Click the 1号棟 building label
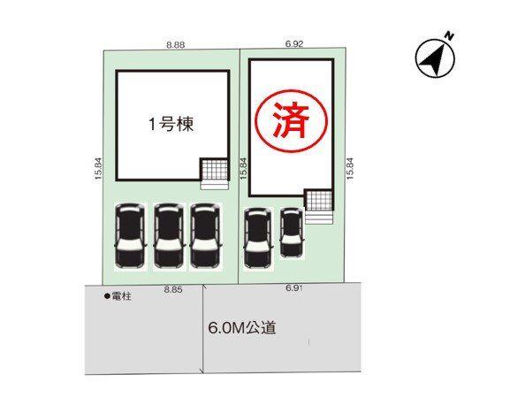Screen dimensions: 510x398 pos(171,125)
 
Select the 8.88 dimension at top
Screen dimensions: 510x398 pos(176,45)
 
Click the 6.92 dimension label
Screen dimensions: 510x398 pos(294,43)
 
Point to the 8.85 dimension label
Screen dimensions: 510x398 pos(173,289)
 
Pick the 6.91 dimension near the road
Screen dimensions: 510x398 pos(294,288)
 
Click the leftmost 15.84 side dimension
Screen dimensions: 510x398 pos(98,169)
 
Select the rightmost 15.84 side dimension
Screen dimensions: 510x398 pos(350,169)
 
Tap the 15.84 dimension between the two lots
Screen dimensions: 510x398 pos(244,169)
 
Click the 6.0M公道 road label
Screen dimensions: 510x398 pos(242,328)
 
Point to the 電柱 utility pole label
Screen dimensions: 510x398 pos(122,296)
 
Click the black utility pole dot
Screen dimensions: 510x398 pos(107,296)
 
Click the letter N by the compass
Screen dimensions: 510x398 pos(450,35)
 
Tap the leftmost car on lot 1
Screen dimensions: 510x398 pos(130,236)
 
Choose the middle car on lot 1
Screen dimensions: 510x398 pos(169,236)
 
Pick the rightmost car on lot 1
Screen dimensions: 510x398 pos(206,236)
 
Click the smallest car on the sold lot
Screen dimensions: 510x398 pos(292,233)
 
